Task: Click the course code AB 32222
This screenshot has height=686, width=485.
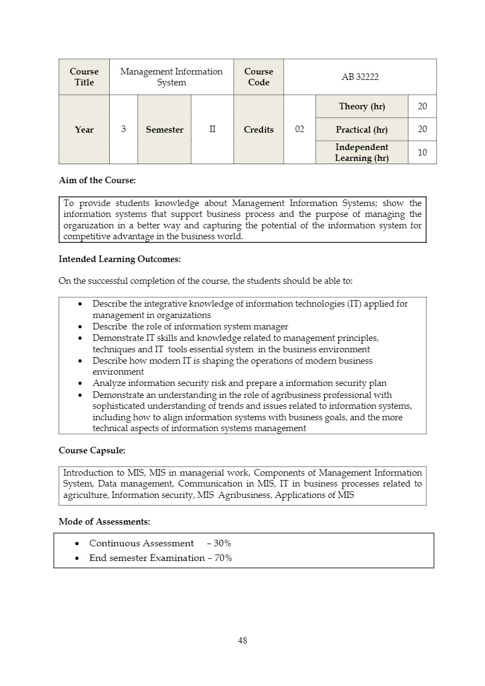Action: tap(360, 77)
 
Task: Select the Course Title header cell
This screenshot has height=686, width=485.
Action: tap(84, 77)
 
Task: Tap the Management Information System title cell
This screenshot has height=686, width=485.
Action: tap(171, 77)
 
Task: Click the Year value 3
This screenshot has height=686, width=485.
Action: tap(124, 129)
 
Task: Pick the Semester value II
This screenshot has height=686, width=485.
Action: tap(212, 129)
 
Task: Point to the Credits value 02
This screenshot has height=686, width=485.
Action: tap(299, 129)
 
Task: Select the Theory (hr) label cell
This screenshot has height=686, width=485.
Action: tap(362, 107)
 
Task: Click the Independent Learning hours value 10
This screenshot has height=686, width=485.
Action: tap(422, 153)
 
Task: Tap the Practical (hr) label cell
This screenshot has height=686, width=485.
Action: tap(362, 129)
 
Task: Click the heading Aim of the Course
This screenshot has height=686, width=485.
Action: tap(97, 180)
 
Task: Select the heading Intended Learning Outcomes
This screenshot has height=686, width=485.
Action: tap(119, 259)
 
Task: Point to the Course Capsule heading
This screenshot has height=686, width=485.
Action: tap(92, 451)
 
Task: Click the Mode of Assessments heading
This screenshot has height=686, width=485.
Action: tap(104, 522)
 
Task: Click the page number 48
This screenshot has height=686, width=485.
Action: tap(242, 641)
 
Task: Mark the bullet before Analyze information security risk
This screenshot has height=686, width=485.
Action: tap(80, 384)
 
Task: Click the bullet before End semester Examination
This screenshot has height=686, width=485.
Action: tap(77, 558)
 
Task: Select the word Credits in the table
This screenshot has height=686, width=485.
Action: tap(259, 129)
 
